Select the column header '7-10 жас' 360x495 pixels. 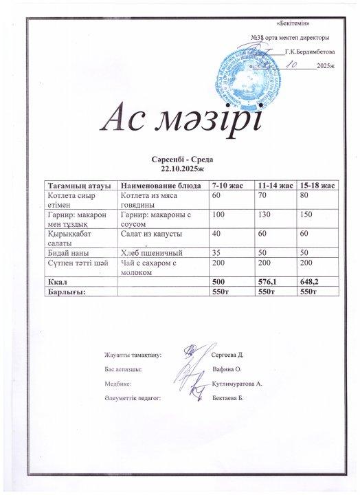tap(227, 186)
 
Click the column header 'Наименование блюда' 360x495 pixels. tap(160, 186)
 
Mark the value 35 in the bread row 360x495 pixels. tap(217, 254)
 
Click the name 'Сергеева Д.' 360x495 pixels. tap(229, 355)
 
